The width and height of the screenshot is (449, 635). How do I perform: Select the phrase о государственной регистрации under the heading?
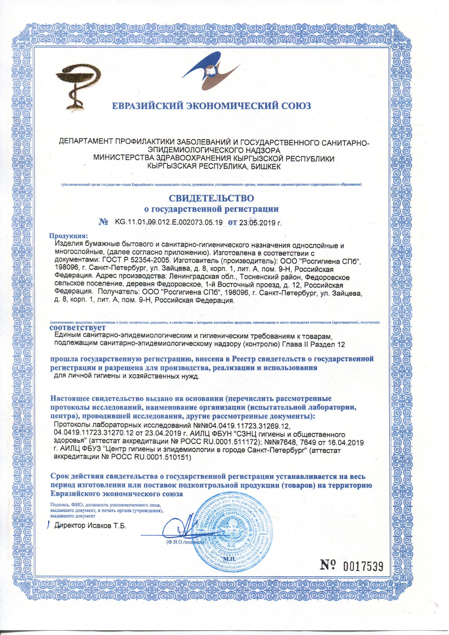(212, 209)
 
